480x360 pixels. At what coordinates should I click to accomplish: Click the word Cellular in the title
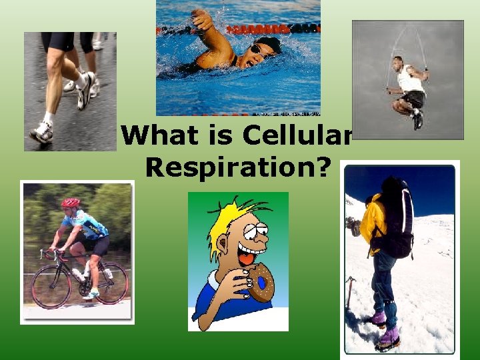pyautogui.click(x=297, y=135)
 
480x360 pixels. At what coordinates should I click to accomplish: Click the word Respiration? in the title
pyautogui.click(x=238, y=167)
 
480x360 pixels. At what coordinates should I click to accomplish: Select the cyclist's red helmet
pyautogui.click(x=70, y=202)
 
